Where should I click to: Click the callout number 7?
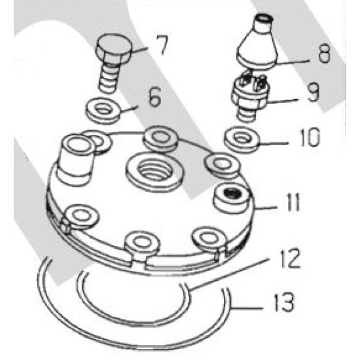[162, 45]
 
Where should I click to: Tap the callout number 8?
[324, 53]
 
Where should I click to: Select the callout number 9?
[313, 92]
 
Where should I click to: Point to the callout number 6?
[154, 97]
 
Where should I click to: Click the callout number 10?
[310, 137]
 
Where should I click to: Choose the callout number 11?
[293, 202]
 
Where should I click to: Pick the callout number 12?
[291, 258]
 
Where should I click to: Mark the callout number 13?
[284, 302]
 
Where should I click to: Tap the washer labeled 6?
[103, 111]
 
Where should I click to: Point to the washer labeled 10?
[242, 139]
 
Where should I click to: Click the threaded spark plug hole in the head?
[155, 170]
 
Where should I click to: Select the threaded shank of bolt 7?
[109, 77]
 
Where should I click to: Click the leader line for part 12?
[230, 274]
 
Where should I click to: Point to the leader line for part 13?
[247, 308]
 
